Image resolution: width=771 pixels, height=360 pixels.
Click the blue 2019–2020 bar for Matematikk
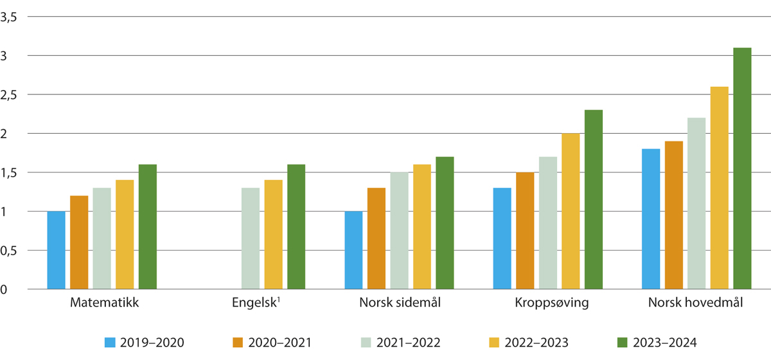click(x=57, y=250)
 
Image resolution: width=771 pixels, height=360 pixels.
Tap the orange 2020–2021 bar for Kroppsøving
click(x=525, y=231)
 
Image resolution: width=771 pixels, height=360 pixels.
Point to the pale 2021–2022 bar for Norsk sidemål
click(x=400, y=231)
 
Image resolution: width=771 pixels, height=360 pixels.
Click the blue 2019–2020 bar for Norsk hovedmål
click(x=651, y=219)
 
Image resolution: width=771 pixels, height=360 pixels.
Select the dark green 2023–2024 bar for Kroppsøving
click(x=594, y=199)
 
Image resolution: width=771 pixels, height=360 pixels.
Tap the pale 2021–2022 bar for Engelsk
click(x=251, y=239)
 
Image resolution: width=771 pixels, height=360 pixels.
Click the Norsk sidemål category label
click(x=400, y=303)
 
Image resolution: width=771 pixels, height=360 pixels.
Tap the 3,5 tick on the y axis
click(x=8, y=17)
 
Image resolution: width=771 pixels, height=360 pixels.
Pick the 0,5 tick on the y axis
click(x=8, y=251)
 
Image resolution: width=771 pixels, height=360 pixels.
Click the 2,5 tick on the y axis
click(x=8, y=95)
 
